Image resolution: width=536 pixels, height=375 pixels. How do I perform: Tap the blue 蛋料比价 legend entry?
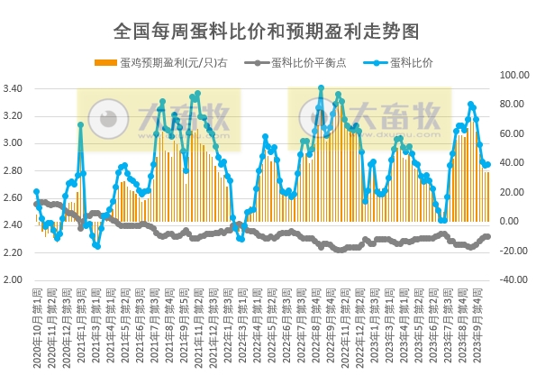[410, 63]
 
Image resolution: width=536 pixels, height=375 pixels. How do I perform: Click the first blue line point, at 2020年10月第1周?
[36, 192]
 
